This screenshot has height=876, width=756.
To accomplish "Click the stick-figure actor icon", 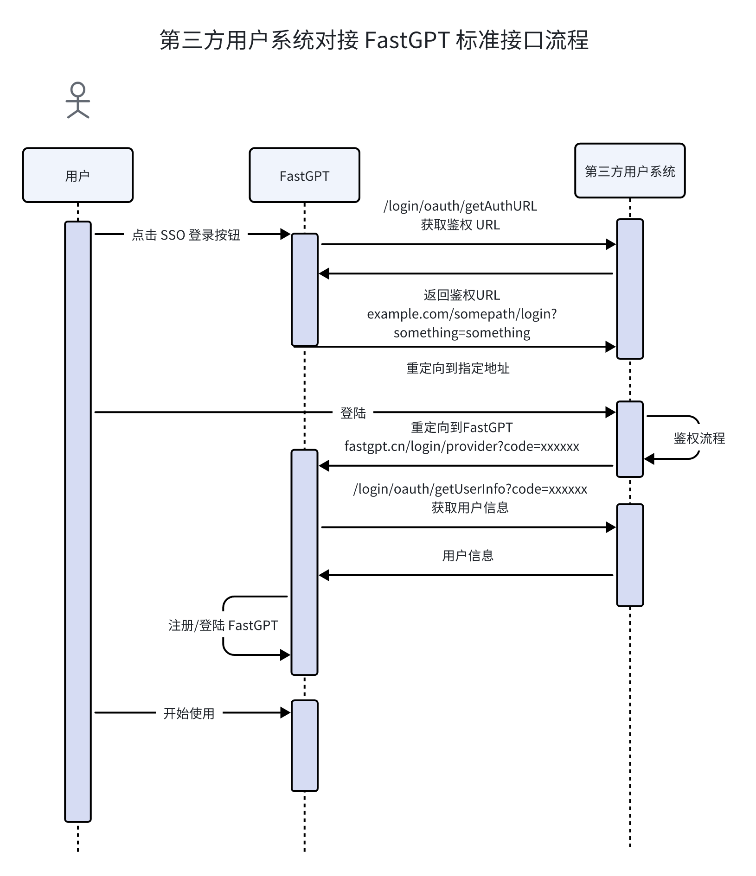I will coord(78,100).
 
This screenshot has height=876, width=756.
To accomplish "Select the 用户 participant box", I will coord(78,175).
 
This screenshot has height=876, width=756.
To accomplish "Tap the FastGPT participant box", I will coord(304,175).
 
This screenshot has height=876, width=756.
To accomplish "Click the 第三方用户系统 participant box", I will coord(630,171).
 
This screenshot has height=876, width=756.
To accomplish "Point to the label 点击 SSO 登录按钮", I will coord(186,235).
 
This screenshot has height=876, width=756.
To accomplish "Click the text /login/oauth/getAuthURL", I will coord(460,206).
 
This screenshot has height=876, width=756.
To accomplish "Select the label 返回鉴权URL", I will coord(462,295).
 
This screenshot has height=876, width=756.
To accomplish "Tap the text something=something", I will coord(462,333).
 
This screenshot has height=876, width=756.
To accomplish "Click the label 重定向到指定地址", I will coord(458,368).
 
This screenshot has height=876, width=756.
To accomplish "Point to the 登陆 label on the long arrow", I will coord(353,413).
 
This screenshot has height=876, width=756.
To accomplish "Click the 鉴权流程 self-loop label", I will coord(699,438).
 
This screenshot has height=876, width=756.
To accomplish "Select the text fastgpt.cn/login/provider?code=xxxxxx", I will coord(462,446).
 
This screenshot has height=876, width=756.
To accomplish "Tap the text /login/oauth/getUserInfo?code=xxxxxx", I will coord(470,489).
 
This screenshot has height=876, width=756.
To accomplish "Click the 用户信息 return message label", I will coord(468,555).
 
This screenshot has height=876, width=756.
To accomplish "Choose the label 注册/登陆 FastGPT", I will coord(223,625).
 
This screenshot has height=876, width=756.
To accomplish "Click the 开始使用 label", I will coord(189,713).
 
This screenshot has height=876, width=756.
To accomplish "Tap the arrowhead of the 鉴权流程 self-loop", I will coord(649,459).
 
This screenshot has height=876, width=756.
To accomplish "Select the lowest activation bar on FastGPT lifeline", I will coord(305,745).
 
